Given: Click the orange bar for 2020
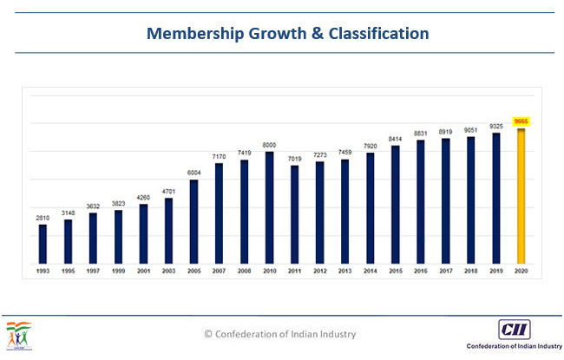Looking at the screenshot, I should [x=521, y=196].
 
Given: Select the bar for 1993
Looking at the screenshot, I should [x=43, y=244].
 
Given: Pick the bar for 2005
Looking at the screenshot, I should [x=193, y=221].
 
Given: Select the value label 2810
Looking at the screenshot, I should [x=43, y=218].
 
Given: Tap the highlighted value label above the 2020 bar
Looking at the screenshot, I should [x=521, y=121].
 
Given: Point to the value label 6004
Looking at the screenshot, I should [x=193, y=173].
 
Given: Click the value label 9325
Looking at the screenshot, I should [x=496, y=127].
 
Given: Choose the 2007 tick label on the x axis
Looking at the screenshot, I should [x=219, y=271].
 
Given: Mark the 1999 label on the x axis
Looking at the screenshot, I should [x=118, y=271].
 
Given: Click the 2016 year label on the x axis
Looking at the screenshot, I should [x=421, y=271].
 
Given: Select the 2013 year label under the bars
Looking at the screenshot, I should [x=345, y=271].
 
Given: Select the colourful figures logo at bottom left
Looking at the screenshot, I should [x=19, y=335].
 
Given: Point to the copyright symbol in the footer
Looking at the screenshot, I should [x=208, y=334].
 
